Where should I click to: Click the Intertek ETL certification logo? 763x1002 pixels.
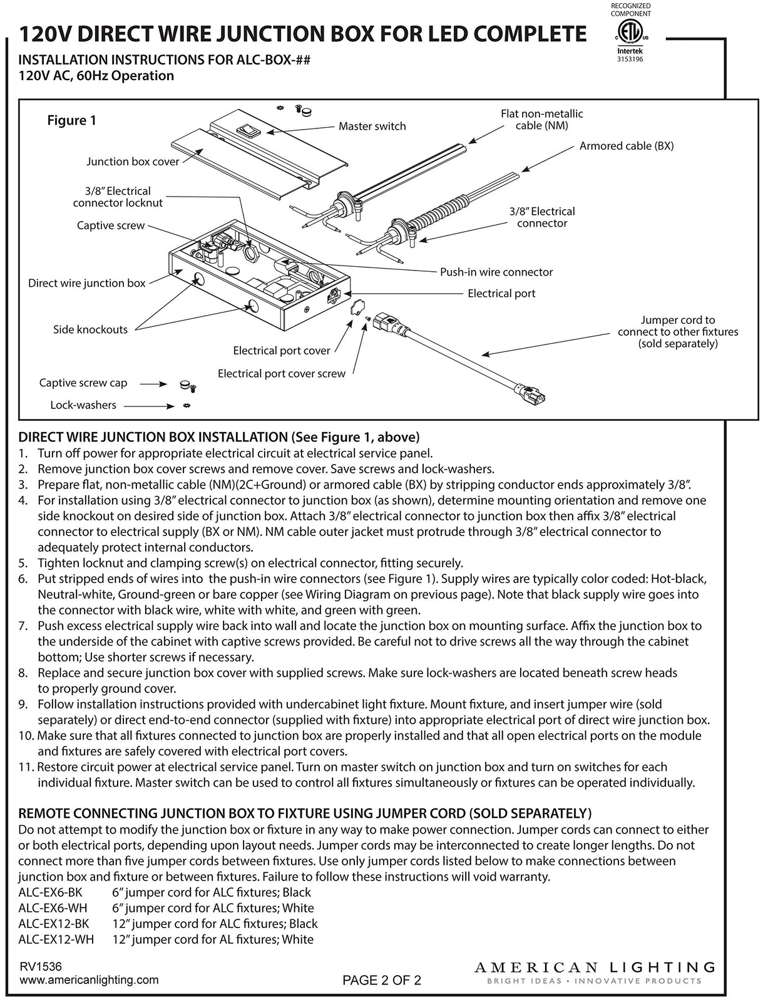coord(630,35)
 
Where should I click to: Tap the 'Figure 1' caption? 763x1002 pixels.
coord(72,120)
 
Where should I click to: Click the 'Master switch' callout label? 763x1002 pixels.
coord(372,126)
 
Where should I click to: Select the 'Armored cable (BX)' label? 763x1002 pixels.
coord(626,146)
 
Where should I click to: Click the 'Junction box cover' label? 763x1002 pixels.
coord(133,162)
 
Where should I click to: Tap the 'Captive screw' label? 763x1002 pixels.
coord(111,225)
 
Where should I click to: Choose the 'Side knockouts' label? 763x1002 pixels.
coord(90,329)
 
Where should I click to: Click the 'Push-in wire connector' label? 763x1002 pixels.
coord(496,272)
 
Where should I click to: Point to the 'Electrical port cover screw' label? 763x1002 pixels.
coord(281,373)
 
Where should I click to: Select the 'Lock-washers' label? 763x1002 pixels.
coord(83,405)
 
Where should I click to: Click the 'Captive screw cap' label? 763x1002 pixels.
coord(83,383)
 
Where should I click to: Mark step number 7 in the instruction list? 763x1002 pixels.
coord(23,626)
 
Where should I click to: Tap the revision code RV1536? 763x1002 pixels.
coord(41,967)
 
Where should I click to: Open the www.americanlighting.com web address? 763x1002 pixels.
coord(89,980)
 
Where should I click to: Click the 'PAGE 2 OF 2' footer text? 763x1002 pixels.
coord(382,981)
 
